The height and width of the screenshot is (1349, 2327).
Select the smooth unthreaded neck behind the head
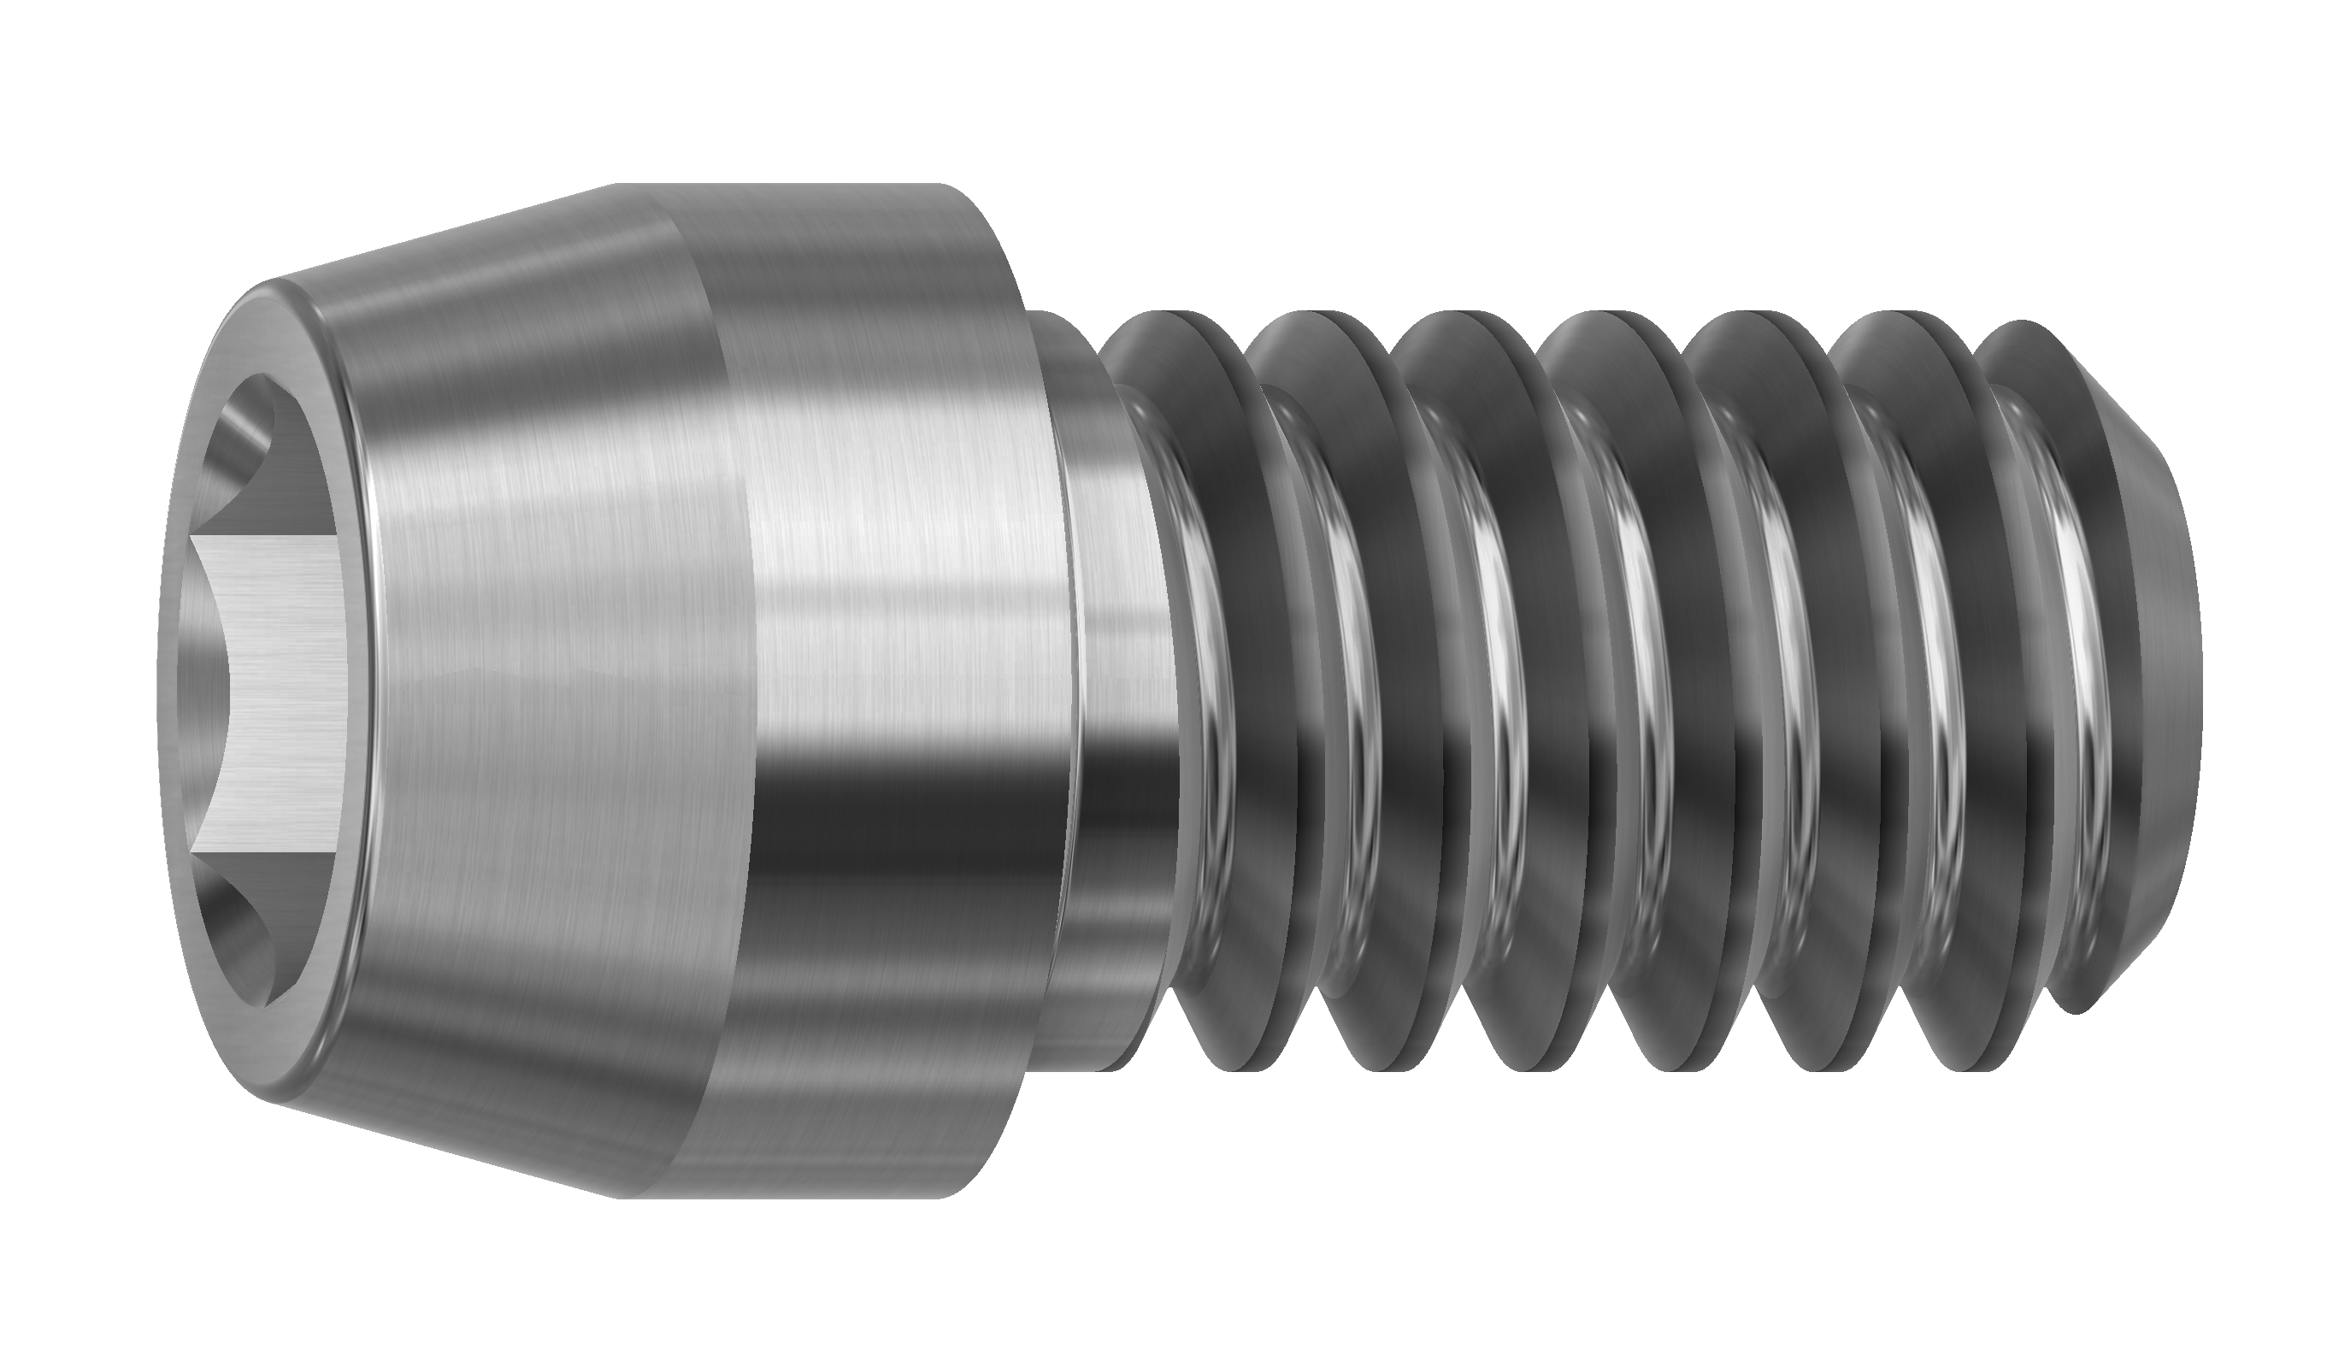pyautogui.click(x=1108, y=692)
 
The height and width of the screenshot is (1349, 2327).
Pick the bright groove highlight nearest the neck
pyautogui.click(x=1200, y=646)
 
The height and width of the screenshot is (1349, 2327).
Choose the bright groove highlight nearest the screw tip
pyautogui.click(x=2073, y=646)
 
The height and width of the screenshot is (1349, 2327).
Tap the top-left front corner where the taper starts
pyautogui.click(x=273, y=281)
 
